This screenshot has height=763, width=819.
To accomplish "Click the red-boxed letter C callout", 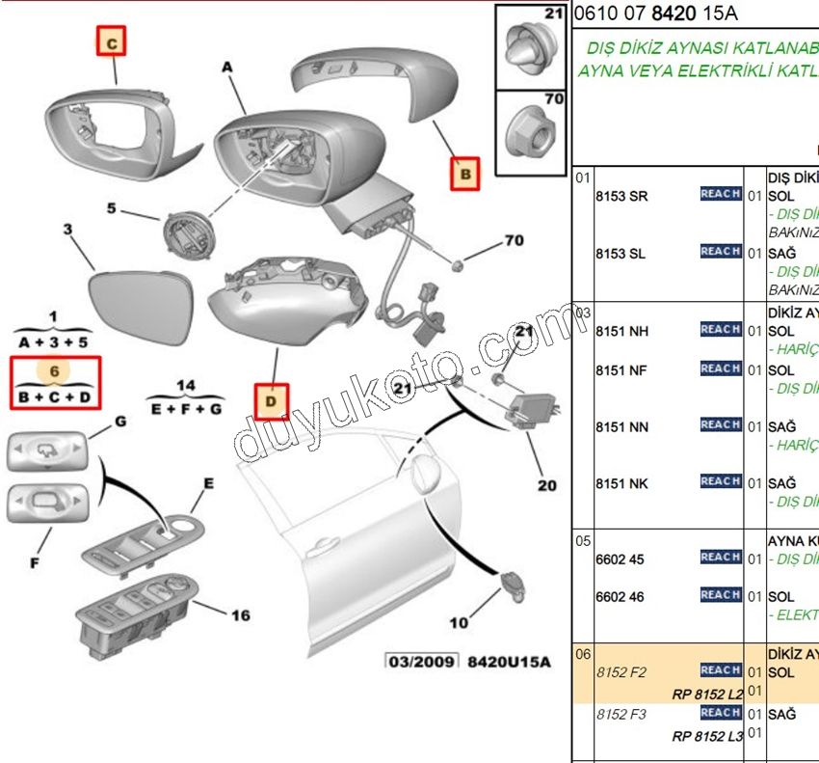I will click(112, 42).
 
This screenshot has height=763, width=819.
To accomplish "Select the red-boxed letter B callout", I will click(465, 175).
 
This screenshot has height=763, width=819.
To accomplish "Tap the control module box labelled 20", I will click(532, 410).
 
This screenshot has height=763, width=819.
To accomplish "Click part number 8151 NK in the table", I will click(622, 483).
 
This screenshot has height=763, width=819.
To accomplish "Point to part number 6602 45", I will click(620, 559).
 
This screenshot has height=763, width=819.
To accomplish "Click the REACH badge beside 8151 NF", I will click(720, 368).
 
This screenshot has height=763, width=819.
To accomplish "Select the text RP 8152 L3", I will click(707, 736).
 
